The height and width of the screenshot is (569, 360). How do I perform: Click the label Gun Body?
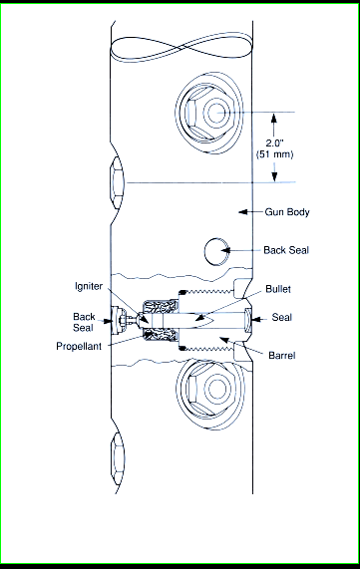287,212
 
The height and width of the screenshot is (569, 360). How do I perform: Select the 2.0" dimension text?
274,142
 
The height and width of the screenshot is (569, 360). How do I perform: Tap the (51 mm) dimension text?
274,154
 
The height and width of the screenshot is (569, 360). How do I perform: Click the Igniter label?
89,286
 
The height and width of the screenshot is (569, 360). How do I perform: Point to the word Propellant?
79,346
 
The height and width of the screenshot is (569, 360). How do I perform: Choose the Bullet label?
278,289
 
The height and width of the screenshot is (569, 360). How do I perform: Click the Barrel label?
282,355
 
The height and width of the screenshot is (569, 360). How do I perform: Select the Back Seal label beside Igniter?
84,322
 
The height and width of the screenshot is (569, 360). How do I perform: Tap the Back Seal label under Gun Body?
286,250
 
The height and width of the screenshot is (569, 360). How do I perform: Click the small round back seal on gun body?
216,251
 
